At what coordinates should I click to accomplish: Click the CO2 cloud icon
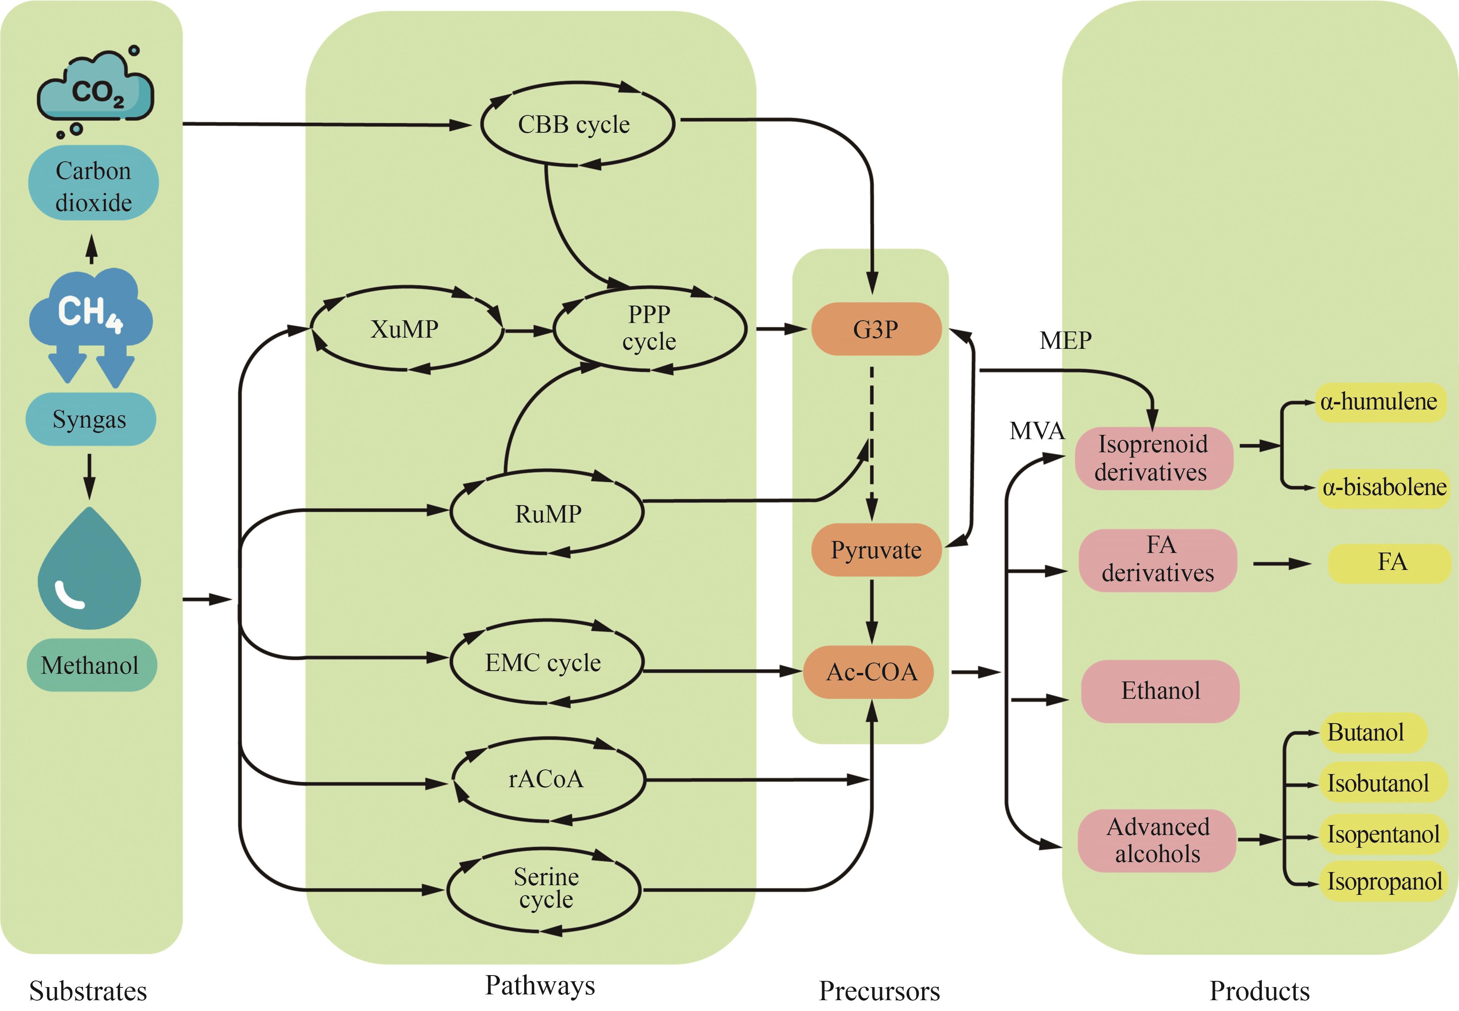point(95,92)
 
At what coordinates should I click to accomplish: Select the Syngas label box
point(90,419)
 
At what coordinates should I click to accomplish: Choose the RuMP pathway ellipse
point(547,513)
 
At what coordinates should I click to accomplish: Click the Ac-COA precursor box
point(870,672)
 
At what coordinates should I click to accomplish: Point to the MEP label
point(1065,341)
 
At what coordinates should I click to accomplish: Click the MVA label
point(1036,431)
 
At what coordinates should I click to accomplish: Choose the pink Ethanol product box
point(1160,690)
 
